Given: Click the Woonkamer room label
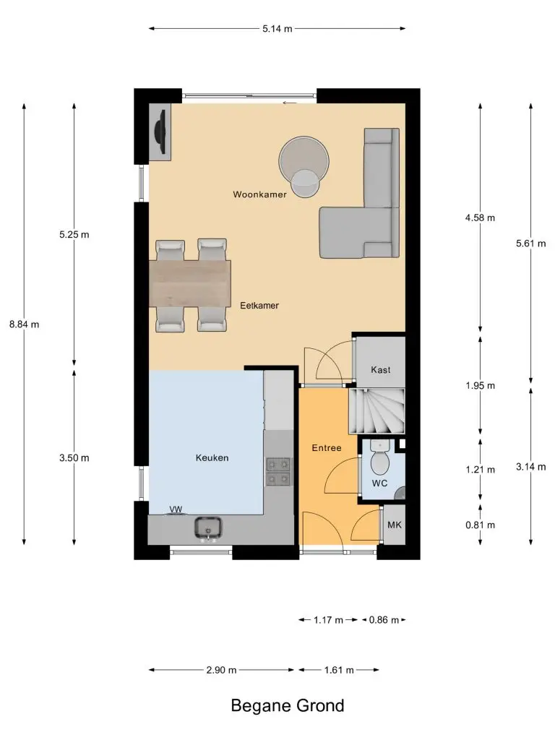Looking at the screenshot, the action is coord(259,194).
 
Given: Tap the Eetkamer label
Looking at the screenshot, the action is coord(259,306).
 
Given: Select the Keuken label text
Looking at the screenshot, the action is coord(212,457).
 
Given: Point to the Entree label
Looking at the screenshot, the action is coord(327,448).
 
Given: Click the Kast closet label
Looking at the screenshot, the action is coord(380,370).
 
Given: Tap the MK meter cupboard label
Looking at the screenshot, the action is coord(394,525).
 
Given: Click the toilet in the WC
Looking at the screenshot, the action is coord(379,457).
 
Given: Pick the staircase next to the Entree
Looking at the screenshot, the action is coord(377,411).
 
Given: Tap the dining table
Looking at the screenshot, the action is coord(190,283).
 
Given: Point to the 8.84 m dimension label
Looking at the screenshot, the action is coord(24,324).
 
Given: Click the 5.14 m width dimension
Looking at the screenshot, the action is coord(277,29).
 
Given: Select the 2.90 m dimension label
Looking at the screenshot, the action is coord(221,670).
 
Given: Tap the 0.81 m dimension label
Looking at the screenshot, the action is coord(481,525).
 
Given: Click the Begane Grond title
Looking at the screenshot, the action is coord(288,705).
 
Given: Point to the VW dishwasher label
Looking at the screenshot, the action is coord(176,509).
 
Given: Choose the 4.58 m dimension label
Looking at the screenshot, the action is coord(481,218).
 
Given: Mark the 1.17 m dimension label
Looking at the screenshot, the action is coord(329,620).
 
